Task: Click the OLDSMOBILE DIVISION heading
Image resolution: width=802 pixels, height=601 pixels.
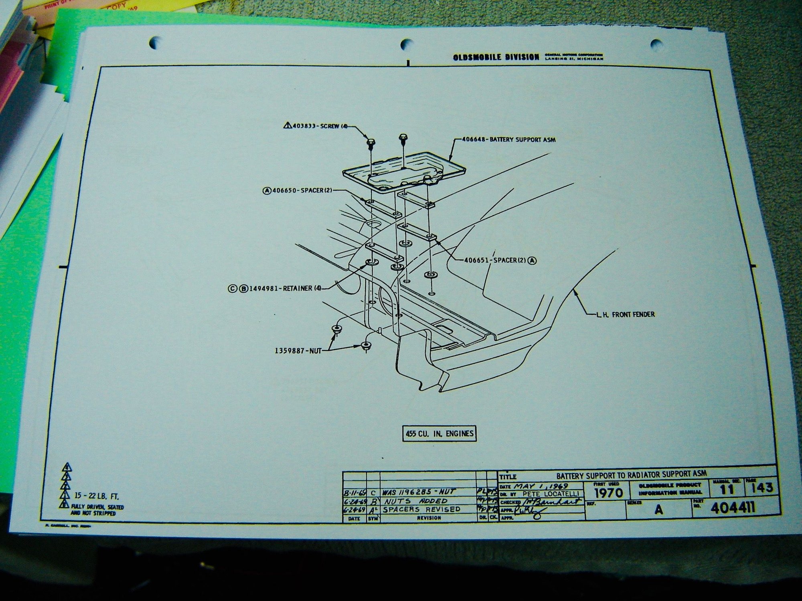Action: (496, 57)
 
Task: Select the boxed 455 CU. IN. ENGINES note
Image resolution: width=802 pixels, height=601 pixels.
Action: (439, 434)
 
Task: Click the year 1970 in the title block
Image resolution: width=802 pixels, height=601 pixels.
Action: (608, 492)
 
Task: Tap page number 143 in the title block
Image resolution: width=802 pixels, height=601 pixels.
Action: (759, 488)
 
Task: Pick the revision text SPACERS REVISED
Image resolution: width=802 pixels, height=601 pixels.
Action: (421, 509)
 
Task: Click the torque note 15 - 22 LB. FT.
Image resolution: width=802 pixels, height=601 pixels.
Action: (96, 496)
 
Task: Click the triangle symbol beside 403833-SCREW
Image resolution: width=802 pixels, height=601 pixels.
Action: (287, 126)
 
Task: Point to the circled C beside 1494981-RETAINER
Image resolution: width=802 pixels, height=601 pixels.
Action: (232, 288)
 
